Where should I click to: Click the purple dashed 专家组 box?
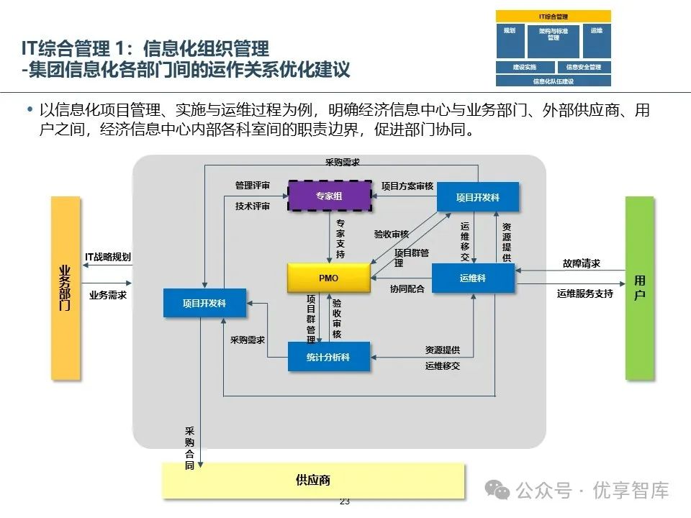(330, 195)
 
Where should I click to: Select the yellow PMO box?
(328, 278)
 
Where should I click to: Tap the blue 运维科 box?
(473, 278)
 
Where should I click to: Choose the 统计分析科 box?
(328, 356)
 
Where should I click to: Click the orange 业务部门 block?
(65, 288)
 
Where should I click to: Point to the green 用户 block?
(639, 288)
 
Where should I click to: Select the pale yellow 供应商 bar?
(313, 480)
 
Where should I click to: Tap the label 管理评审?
(252, 186)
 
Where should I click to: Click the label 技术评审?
(252, 206)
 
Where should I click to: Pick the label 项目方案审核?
(407, 186)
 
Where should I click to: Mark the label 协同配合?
(407, 288)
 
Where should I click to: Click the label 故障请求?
(582, 263)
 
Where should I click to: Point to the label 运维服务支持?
(585, 294)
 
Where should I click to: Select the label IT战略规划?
(108, 257)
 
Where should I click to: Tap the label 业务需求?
(108, 295)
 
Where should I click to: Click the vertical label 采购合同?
(189, 448)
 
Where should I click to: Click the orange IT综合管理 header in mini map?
(553, 16)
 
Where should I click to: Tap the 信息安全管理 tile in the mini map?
(583, 67)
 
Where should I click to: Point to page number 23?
(344, 501)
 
